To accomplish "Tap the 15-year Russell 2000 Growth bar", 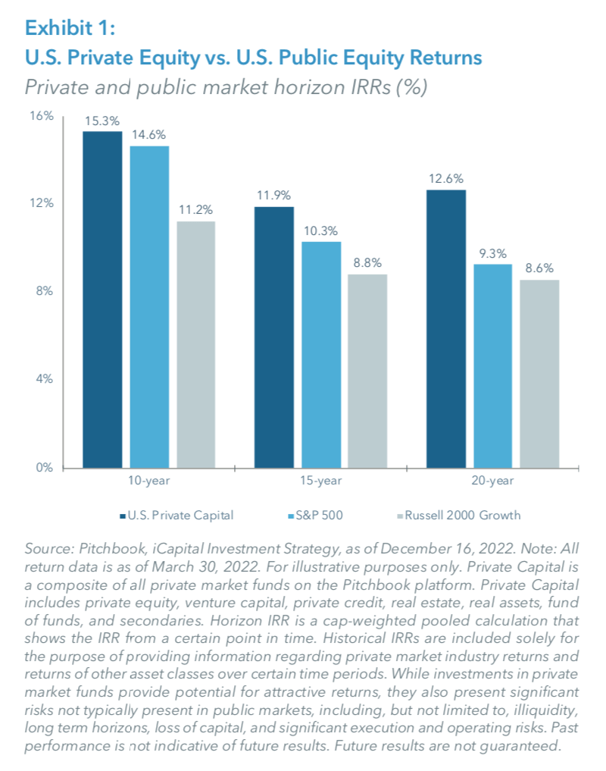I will (x=367, y=371).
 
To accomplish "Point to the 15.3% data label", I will (x=102, y=121).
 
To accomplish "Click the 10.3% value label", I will (x=321, y=230).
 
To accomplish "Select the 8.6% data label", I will (x=539, y=268).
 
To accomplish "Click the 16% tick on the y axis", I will (x=43, y=115).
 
